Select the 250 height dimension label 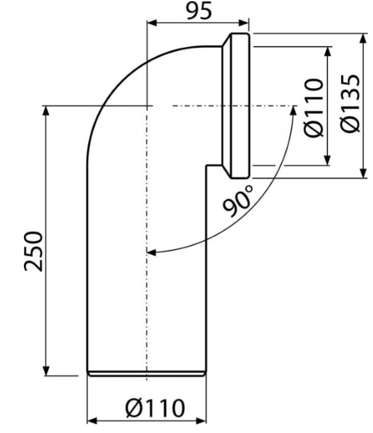point(34,251)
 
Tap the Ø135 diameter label point(350,104)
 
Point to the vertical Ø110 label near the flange point(314,108)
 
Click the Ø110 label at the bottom point(155,408)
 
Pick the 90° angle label point(238,201)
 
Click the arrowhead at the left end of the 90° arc point(151,252)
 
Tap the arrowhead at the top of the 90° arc point(293,110)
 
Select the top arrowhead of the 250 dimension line point(47,111)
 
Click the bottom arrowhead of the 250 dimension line point(47,370)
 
